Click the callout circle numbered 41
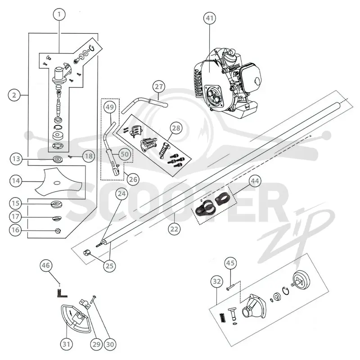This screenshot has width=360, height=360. pyautogui.click(x=210, y=18)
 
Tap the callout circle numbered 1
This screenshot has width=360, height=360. pyautogui.click(x=59, y=14)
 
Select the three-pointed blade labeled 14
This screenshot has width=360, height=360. pyautogui.click(x=58, y=181)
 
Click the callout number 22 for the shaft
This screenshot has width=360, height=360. pyautogui.click(x=174, y=229)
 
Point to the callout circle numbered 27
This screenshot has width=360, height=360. pyautogui.click(x=159, y=86)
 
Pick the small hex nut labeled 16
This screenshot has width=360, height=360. pyautogui.click(x=58, y=230)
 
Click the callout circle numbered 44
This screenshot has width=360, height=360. pyautogui.click(x=255, y=181)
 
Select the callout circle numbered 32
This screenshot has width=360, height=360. pyautogui.click(x=217, y=282)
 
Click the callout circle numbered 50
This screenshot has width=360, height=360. pyautogui.click(x=125, y=154)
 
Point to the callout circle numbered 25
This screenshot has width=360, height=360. pyautogui.click(x=109, y=266)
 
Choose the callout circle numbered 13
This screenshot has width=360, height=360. pyautogui.click(x=16, y=159)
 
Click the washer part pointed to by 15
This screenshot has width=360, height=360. pyautogui.click(x=57, y=204)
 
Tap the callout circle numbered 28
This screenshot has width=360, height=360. pyautogui.click(x=176, y=128)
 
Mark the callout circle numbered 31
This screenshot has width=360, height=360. pyautogui.click(x=66, y=344)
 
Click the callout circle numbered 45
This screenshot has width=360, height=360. pyautogui.click(x=230, y=263)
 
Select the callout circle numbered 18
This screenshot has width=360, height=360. pyautogui.click(x=89, y=156)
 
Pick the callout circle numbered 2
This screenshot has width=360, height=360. pyautogui.click(x=14, y=95)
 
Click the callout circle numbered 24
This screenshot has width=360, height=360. pyautogui.click(x=121, y=194)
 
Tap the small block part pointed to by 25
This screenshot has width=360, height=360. pyautogui.click(x=86, y=253)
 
